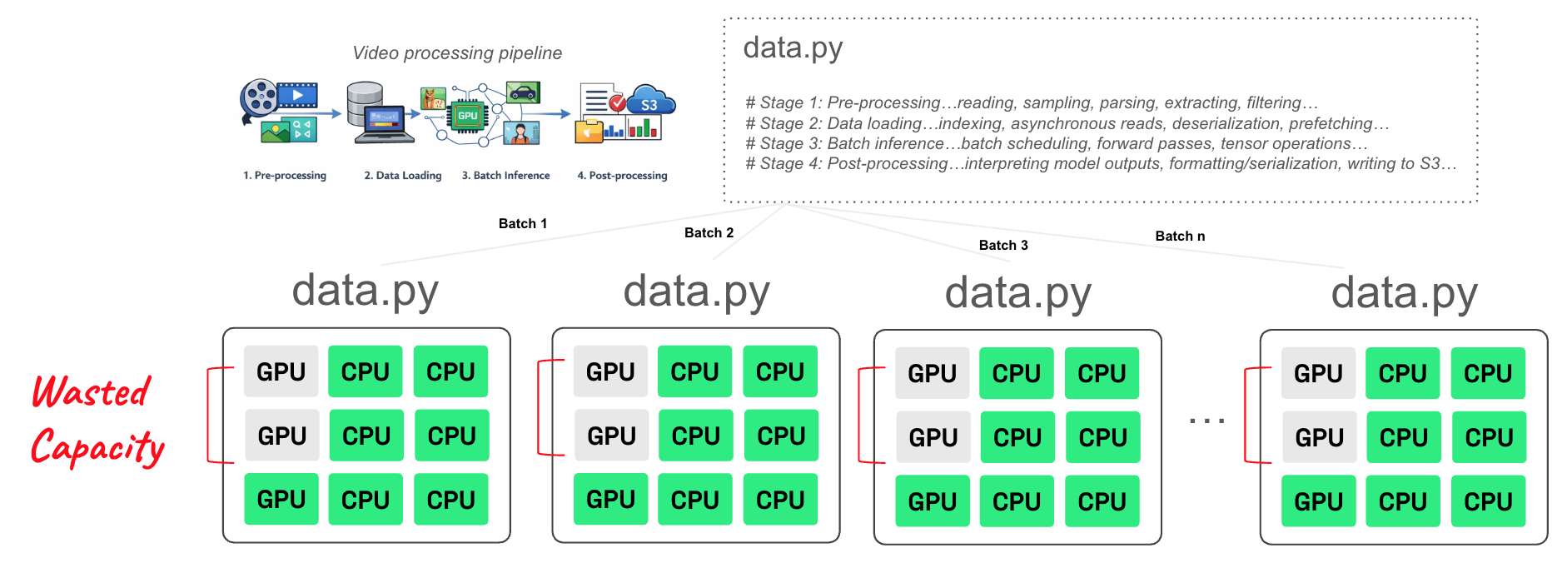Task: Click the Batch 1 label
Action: pos(522,223)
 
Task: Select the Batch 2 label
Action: pos(709,232)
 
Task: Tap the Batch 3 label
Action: pos(1002,245)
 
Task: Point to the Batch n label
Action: pos(1179,236)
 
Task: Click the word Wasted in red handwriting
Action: pos(91,391)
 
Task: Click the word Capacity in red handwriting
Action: pos(97,448)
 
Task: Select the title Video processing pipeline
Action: pos(457,53)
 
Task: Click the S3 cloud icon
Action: pos(650,102)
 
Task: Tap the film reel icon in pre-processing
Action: pos(259,98)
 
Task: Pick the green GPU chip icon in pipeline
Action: pos(467,116)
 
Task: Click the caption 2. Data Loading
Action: pos(402,176)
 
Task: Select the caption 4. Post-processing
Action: pos(622,176)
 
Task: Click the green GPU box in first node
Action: pos(281,499)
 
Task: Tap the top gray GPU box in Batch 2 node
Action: pos(610,371)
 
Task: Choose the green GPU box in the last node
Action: pos(1318,501)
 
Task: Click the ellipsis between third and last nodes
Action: pos(1206,421)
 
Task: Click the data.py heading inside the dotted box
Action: pos(793,48)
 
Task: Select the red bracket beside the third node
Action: pos(861,415)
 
